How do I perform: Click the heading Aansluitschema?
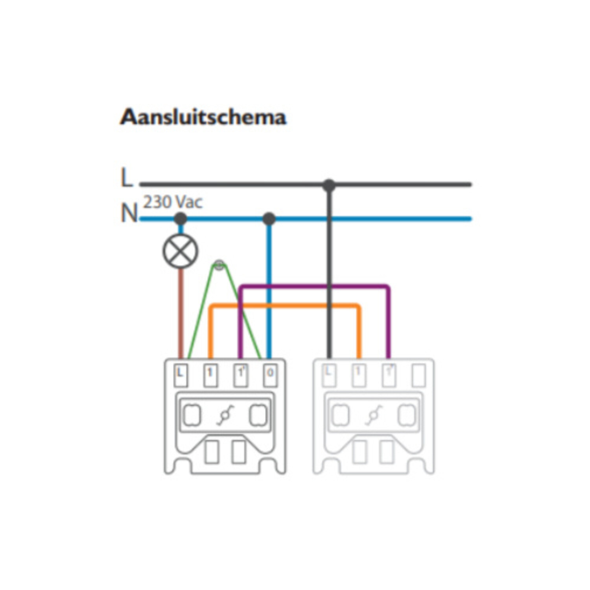(x=203, y=117)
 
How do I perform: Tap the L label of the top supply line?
(x=127, y=178)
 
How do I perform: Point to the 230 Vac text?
(x=173, y=202)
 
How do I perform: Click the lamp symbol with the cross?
(x=181, y=251)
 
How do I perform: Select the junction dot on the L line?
(x=329, y=185)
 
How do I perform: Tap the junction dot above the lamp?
(x=181, y=219)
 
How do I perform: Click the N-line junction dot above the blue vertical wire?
(x=269, y=219)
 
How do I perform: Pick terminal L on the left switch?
(x=181, y=374)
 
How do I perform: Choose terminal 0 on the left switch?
(x=270, y=374)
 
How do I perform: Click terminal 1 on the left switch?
(x=210, y=374)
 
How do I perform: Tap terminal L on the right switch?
(x=329, y=374)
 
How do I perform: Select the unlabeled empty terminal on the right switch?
(x=419, y=375)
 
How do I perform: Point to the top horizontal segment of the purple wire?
(x=315, y=287)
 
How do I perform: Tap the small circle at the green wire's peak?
(x=219, y=265)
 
